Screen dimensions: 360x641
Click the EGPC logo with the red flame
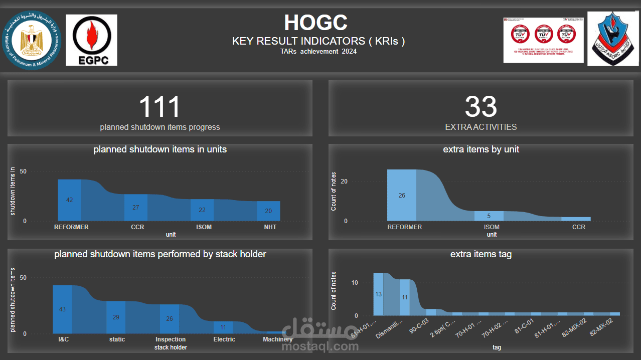tap(91, 40)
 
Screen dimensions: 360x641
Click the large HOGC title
tap(315, 23)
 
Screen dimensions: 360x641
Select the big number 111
tap(159, 107)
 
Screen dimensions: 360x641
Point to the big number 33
tap(480, 107)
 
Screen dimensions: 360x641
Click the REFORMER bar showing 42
tap(70, 200)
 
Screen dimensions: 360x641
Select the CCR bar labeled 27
tap(136, 208)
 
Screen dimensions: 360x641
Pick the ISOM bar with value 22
tap(202, 210)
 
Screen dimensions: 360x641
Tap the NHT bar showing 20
tap(268, 211)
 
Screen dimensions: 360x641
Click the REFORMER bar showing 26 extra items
tap(402, 195)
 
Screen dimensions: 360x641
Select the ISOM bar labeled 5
tap(489, 216)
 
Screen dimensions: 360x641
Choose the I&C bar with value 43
tap(62, 309)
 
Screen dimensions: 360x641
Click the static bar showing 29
tap(116, 317)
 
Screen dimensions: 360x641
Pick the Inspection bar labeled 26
tap(170, 319)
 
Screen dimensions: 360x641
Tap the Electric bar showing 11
tap(223, 327)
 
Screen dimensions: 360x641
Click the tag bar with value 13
tap(378, 294)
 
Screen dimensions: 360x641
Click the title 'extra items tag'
tap(480, 254)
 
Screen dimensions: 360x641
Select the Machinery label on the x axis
tap(277, 339)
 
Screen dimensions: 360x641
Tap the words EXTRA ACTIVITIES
tap(480, 127)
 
